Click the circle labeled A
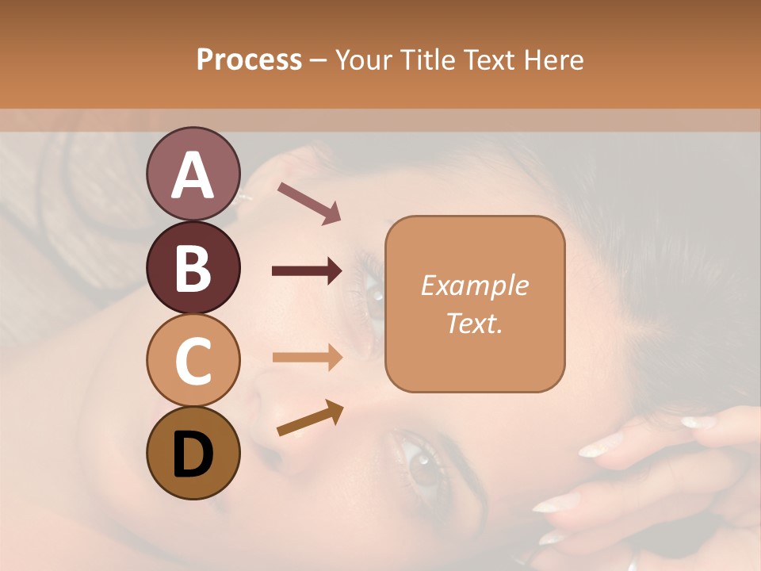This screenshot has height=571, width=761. (x=193, y=174)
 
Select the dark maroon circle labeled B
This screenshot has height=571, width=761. (x=193, y=267)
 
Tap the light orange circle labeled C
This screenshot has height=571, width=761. (x=193, y=360)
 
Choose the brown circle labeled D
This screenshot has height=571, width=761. (x=193, y=453)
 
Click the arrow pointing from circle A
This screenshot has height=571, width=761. (x=309, y=202)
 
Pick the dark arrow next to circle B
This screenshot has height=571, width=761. (x=307, y=271)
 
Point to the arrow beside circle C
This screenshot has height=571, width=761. (x=307, y=358)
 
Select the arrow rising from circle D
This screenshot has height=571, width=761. (x=310, y=418)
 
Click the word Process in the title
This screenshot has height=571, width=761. (x=249, y=59)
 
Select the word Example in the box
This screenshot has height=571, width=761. (x=474, y=285)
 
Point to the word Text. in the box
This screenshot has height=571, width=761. (x=474, y=323)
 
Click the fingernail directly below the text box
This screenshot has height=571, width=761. (x=596, y=449)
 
